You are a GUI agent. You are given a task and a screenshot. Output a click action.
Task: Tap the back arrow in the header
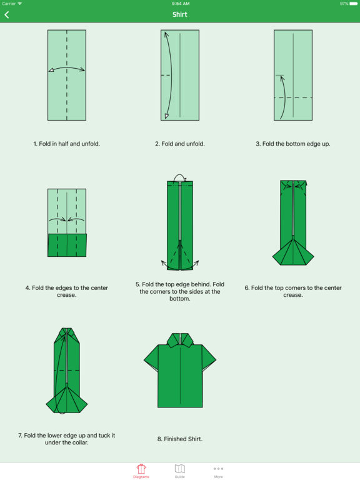(7, 15)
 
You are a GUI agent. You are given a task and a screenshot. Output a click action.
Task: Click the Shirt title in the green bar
(180, 14)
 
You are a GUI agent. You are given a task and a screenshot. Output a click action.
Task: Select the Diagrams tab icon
(141, 468)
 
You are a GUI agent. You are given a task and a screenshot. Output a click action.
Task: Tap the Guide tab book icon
(180, 468)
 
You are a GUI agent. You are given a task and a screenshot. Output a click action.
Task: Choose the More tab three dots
(218, 469)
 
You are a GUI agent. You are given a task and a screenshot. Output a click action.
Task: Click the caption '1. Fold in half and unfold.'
(67, 144)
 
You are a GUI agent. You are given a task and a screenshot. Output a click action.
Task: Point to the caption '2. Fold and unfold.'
(180, 144)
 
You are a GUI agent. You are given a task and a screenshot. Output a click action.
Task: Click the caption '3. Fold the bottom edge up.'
(293, 144)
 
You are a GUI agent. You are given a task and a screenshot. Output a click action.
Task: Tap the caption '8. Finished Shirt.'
(180, 439)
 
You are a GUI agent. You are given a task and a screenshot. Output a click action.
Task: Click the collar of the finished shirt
(180, 340)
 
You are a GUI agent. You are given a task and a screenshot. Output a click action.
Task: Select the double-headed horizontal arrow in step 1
(67, 67)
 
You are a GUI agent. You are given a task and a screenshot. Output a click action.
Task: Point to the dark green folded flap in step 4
(67, 245)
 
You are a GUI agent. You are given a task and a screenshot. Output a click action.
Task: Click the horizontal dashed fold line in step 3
(293, 97)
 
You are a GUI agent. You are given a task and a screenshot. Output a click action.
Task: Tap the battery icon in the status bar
(353, 4)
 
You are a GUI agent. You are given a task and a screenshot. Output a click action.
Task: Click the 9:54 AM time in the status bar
(180, 4)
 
